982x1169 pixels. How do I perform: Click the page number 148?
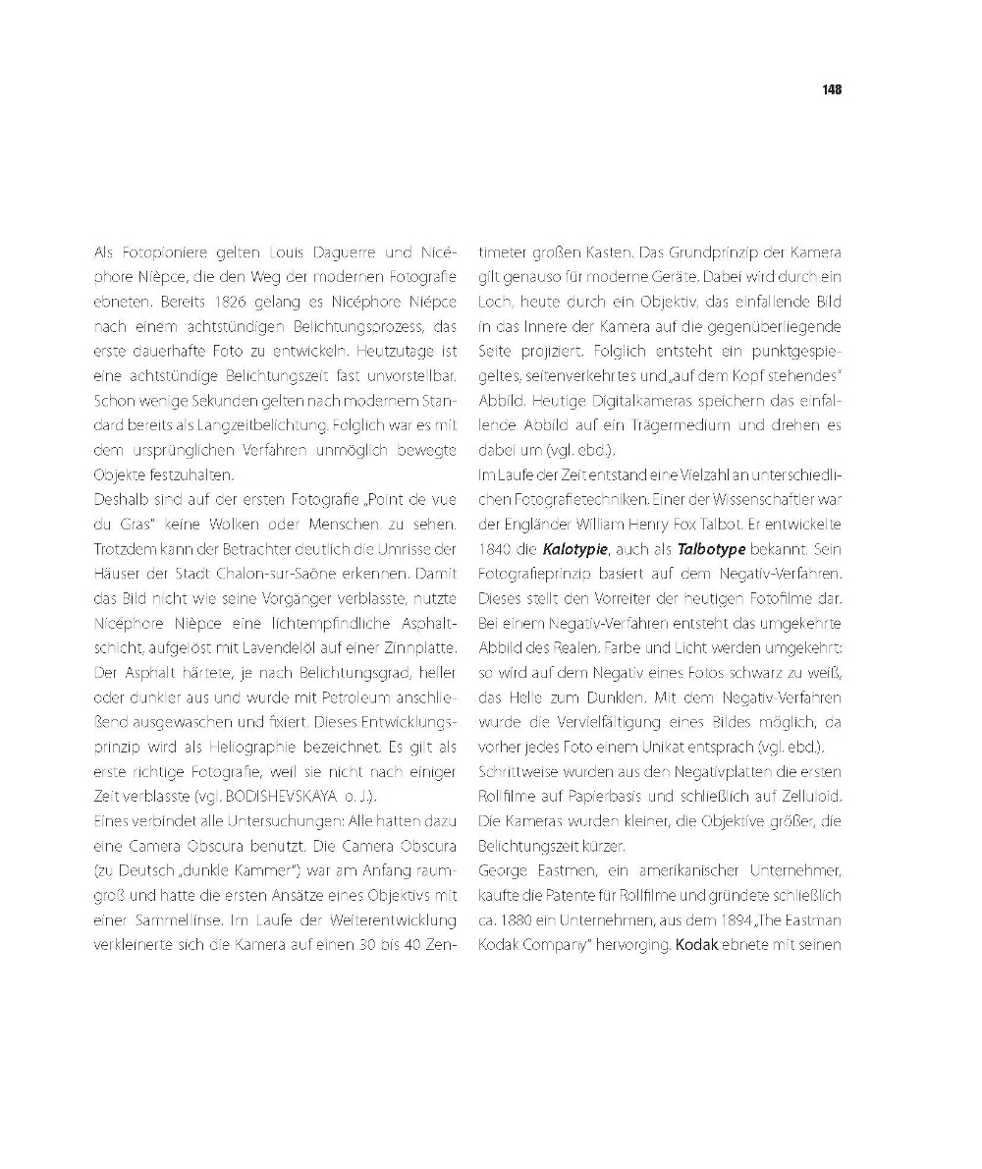pos(832,89)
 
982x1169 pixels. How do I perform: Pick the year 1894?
pos(731,920)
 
